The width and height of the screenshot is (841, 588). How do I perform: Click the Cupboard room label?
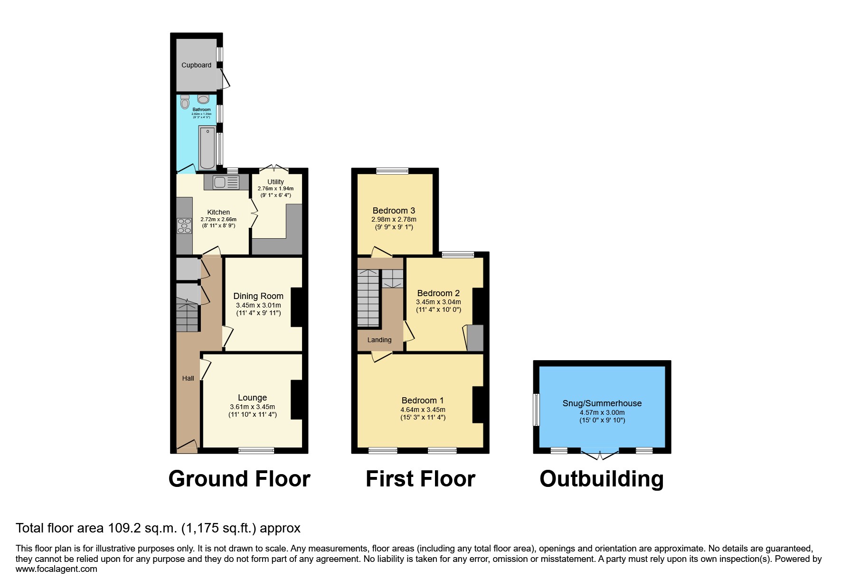click(196, 65)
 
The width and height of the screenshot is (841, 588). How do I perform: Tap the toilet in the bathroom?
click(185, 102)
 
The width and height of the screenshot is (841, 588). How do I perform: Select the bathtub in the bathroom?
click(208, 148)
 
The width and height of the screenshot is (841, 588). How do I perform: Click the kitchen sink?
click(226, 182)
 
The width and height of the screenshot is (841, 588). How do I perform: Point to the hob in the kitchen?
click(183, 225)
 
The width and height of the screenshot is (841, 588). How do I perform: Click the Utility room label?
click(275, 182)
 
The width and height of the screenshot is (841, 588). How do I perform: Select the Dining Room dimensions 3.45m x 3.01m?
click(258, 305)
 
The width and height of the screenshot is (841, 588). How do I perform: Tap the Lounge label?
click(252, 398)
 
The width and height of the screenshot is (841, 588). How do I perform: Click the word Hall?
click(188, 378)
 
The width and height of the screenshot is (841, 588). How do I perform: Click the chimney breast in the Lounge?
click(296, 400)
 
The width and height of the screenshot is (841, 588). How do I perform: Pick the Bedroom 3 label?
click(394, 210)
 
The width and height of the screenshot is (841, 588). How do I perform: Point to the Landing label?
click(379, 340)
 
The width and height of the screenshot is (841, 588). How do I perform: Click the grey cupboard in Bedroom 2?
click(475, 338)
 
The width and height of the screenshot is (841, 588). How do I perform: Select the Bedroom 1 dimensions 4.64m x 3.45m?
click(423, 410)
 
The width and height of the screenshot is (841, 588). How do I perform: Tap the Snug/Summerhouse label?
click(602, 403)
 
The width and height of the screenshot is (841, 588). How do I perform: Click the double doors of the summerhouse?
click(600, 454)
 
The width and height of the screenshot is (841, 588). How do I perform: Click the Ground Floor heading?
click(239, 479)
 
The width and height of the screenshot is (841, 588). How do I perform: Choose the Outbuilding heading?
click(602, 479)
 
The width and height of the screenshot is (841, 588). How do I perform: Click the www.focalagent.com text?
click(57, 569)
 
